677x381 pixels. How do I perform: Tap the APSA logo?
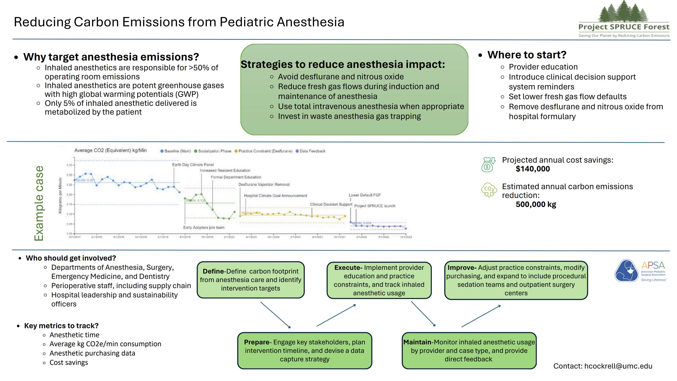click(640, 271)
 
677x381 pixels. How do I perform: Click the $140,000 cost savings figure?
click(533, 169)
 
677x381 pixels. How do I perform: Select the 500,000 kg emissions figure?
click(536, 204)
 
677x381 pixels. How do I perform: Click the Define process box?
click(250, 280)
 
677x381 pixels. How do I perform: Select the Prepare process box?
click(305, 350)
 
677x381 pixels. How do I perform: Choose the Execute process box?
click(379, 280)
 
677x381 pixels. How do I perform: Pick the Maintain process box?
click(469, 350)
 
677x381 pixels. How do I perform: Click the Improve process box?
click(516, 280)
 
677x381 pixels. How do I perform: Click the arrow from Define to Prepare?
click(275, 315)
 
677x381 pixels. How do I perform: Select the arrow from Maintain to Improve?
click(481, 316)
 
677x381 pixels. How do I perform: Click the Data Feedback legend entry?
click(310, 151)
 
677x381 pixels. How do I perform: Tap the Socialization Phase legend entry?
click(213, 151)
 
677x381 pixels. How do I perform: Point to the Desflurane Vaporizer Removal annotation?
click(264, 184)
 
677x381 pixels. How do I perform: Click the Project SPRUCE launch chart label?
click(375, 206)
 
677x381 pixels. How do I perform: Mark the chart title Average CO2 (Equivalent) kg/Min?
click(110, 150)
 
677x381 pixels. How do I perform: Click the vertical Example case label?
click(39, 203)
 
